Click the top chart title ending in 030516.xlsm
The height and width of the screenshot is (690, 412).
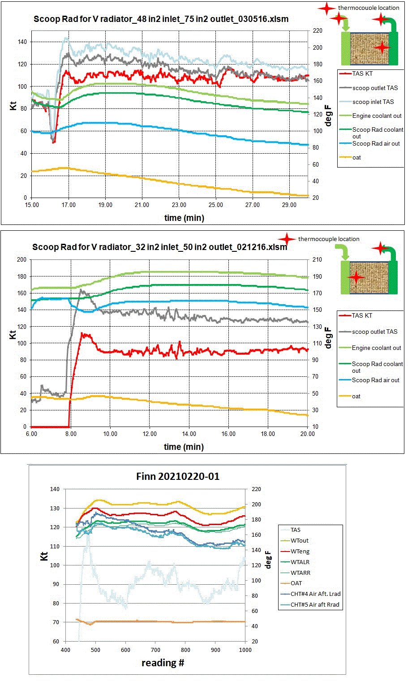point(161,19)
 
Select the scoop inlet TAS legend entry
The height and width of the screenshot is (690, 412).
point(373,102)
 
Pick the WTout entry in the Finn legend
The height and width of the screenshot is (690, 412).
point(299,540)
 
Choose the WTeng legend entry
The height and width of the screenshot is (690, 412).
point(300,551)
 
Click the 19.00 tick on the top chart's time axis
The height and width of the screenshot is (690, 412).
point(105,205)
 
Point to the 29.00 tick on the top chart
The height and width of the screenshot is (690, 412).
point(289,205)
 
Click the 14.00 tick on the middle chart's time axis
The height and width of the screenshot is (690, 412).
point(189,434)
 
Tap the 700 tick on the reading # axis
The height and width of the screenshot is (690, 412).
point(155,650)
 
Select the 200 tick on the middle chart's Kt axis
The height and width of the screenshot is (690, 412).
point(21,259)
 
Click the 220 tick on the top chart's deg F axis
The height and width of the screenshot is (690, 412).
point(318,30)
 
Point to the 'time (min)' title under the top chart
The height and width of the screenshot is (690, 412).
point(184,218)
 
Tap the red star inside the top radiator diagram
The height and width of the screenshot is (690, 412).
point(382,47)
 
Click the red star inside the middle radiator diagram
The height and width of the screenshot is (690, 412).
point(356,277)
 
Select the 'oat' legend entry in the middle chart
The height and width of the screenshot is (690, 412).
point(356,396)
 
